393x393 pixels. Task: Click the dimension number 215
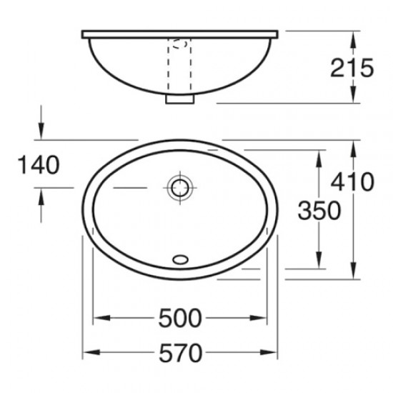click(353, 68)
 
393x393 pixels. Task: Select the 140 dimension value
click(39, 165)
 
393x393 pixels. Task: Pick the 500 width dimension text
click(181, 317)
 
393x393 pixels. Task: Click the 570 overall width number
click(181, 352)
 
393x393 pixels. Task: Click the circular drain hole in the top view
click(179, 188)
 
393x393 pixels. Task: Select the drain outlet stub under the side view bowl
click(179, 99)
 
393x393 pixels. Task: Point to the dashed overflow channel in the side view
click(179, 68)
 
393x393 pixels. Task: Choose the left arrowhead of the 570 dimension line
click(89, 352)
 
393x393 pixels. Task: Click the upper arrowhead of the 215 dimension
click(353, 36)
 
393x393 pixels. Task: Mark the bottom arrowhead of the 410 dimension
click(353, 272)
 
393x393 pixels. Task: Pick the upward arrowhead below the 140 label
click(42, 194)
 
